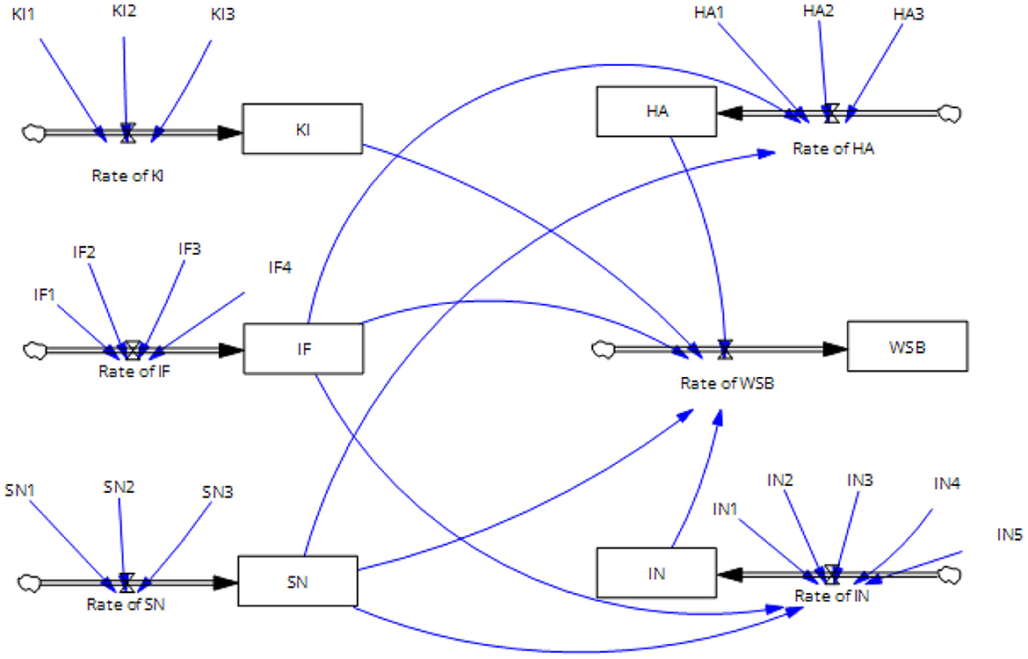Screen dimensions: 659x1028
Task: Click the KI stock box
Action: coord(301,129)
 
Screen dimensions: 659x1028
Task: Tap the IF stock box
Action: coord(303,349)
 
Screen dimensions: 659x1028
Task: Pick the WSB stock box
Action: coord(907,346)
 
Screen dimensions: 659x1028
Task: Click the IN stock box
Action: coord(655,573)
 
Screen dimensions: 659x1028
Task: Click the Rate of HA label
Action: coord(833,148)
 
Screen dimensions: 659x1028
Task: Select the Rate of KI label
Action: coord(128,175)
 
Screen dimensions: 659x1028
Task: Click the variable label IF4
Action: coord(279,267)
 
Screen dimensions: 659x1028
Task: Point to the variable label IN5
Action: coord(1010,534)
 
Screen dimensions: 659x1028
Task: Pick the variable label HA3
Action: coord(908,15)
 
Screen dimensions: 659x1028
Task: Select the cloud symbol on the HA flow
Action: coord(950,112)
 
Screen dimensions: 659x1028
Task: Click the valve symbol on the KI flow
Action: coord(128,133)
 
